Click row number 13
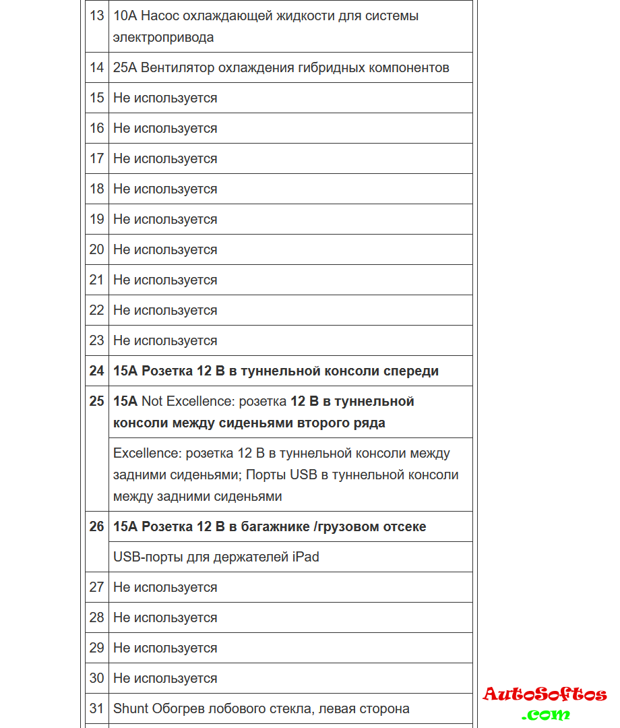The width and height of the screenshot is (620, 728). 97,16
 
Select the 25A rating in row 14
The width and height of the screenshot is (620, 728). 125,67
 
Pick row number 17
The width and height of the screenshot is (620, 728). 97,158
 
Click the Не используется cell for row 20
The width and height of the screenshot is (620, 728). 165,249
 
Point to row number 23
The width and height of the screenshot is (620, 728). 97,340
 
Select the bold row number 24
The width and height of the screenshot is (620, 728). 97,371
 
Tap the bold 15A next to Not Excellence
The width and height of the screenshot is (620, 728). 125,401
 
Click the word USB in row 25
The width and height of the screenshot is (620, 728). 303,475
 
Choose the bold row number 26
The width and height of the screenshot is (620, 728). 97,526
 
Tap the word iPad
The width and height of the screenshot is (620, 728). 305,557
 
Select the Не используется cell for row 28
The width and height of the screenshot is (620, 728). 165,617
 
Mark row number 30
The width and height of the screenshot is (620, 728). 97,678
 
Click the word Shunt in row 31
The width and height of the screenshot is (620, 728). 131,708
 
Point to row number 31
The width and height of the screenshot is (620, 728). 97,708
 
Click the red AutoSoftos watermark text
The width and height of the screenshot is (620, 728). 545,694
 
